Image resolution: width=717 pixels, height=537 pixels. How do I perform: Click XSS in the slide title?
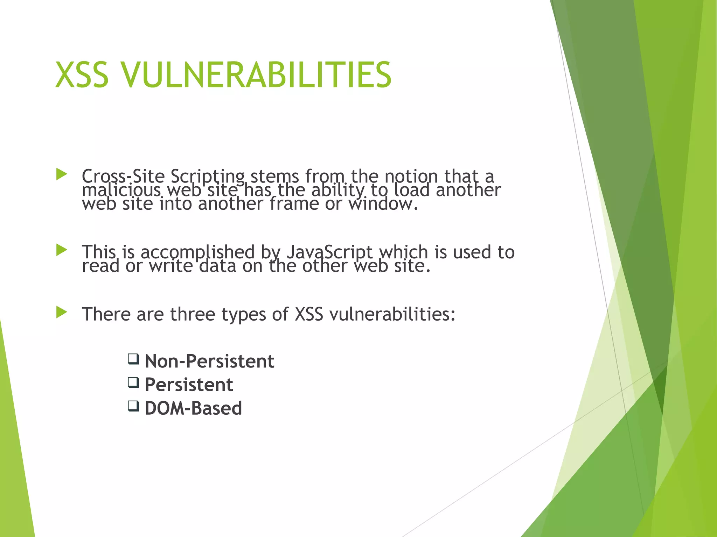pos(82,75)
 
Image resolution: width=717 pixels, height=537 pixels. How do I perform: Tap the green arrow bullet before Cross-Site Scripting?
pos(61,174)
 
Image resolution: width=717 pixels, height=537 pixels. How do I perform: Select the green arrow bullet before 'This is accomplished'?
pos(61,250)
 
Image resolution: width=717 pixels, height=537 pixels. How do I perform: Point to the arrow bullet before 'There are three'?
pos(61,312)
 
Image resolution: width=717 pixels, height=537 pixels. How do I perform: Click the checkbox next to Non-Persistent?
pos(133,359)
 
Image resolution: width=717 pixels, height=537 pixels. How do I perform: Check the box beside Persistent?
pos(133,382)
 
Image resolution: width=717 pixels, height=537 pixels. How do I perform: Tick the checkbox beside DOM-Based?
pos(133,406)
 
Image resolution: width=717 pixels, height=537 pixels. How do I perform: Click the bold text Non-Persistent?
pos(209,361)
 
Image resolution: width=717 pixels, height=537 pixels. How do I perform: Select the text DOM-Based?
pos(193,408)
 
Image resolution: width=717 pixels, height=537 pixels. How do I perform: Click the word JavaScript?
pos(329,252)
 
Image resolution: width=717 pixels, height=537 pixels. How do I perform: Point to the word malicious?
pos(121,191)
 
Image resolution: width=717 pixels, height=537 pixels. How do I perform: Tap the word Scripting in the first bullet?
pos(207,177)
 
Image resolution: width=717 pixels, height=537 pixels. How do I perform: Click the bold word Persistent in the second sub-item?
pos(189,385)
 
